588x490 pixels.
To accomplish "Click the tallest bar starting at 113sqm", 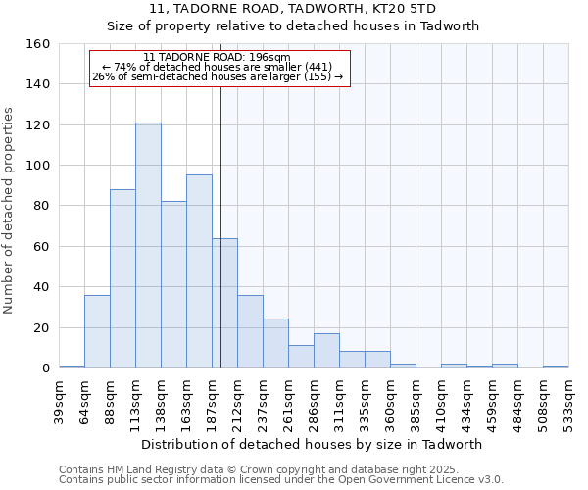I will click(x=148, y=245).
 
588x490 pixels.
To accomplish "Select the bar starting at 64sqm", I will click(x=97, y=331).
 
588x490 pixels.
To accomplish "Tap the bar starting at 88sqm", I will click(x=122, y=278).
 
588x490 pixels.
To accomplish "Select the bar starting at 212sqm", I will click(x=250, y=331).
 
